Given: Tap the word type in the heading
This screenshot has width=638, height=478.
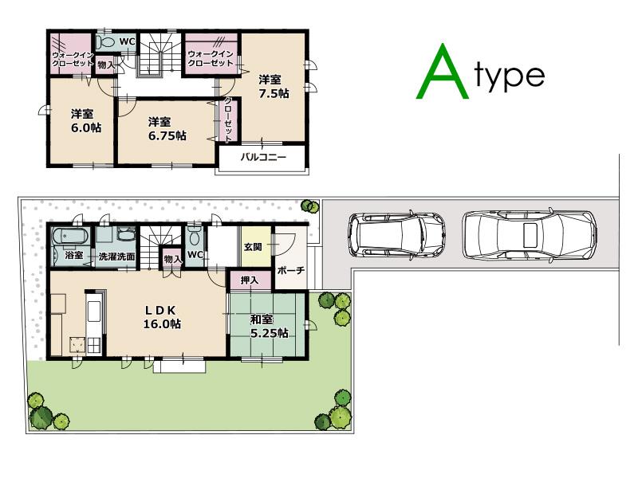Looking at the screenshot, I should tap(510, 76).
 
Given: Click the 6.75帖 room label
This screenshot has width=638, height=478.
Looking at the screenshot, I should tap(167, 129).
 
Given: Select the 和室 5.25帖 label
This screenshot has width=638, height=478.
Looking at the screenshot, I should tap(270, 327).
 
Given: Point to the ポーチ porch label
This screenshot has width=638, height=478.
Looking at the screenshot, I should tap(290, 271).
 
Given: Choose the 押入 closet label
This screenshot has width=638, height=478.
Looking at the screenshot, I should tap(249, 280).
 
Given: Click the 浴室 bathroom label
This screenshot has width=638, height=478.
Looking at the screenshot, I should tap(74, 257).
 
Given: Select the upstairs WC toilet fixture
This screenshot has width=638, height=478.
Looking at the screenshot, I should tap(105, 42).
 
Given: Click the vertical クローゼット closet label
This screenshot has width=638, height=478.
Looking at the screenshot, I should tap(228, 119).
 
